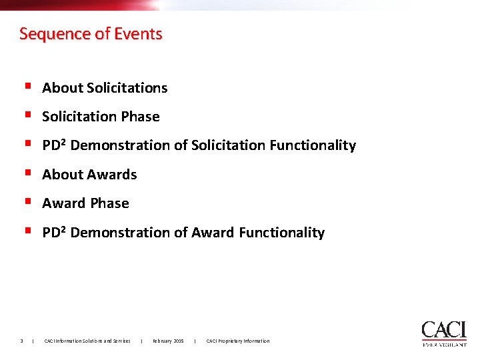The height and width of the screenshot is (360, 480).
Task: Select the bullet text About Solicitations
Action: pyautogui.click(x=105, y=88)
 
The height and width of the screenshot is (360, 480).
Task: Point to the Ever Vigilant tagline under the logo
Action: pyautogui.click(x=444, y=345)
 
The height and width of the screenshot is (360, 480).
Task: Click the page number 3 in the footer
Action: pyautogui.click(x=22, y=341)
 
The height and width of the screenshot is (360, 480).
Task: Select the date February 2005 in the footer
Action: pyautogui.click(x=168, y=341)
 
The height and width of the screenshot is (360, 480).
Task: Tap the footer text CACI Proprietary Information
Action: pyautogui.click(x=238, y=341)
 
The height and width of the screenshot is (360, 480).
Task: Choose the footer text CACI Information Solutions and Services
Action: pyautogui.click(x=87, y=341)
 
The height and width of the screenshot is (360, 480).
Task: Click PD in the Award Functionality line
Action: pyautogui.click(x=51, y=233)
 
